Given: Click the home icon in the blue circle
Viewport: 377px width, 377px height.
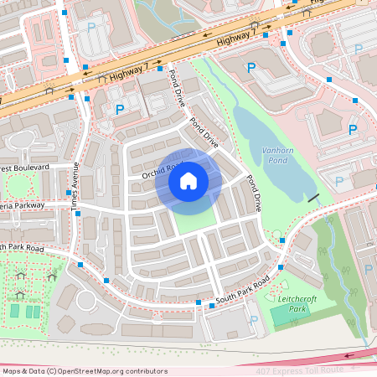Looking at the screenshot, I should [188, 180].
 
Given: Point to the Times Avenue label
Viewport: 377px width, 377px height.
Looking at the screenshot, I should [75, 186].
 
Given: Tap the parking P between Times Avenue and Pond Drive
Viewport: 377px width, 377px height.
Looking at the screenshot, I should [119, 109].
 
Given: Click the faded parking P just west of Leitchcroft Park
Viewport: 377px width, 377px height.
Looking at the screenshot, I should [253, 318].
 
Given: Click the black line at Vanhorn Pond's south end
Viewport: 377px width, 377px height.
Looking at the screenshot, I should [313, 198].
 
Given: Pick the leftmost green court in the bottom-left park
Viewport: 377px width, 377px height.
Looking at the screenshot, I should [14, 311].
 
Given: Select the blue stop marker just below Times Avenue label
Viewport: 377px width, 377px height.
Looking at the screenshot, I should [78, 214].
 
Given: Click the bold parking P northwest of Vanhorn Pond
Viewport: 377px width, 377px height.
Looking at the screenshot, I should [250, 67].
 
